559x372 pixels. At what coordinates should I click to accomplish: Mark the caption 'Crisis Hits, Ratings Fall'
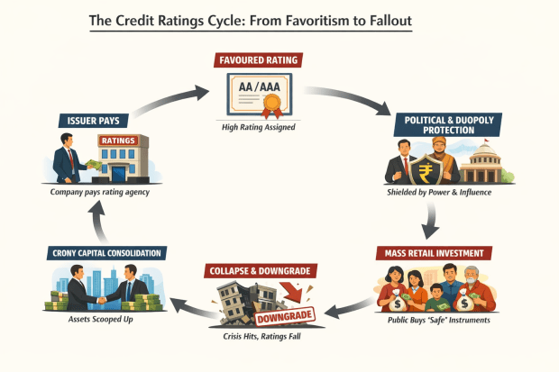click(x=257, y=347)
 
